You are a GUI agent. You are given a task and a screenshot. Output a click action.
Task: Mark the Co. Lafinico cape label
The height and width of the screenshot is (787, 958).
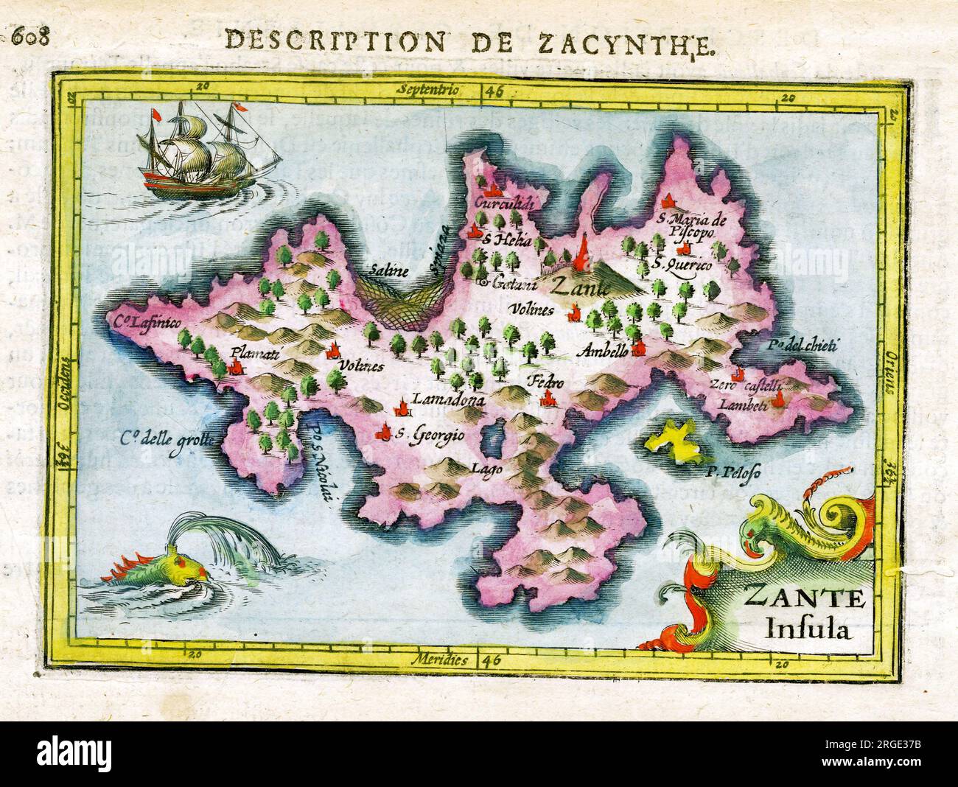(x=146, y=321)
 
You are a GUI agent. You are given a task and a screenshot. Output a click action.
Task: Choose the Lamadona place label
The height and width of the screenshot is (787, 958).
(x=448, y=401)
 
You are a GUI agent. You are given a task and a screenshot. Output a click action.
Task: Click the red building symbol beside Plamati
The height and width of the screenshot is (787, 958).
(x=236, y=367)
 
